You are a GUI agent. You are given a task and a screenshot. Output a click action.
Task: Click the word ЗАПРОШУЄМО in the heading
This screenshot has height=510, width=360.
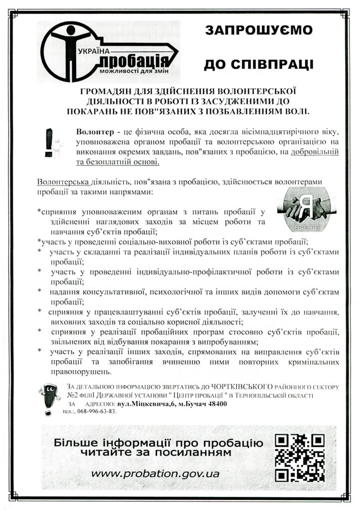click(259, 30)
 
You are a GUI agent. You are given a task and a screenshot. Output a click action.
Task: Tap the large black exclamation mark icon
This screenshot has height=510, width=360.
click(49, 142)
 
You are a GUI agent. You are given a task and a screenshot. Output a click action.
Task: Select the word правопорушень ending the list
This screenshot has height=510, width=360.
click(82, 372)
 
